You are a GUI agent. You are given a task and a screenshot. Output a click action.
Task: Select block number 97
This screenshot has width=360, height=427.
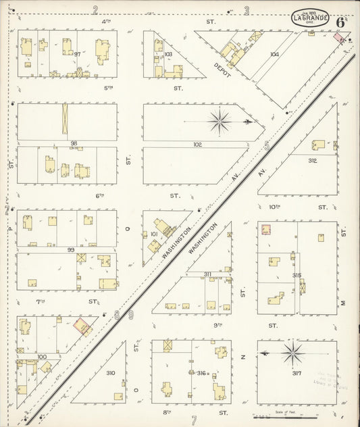pos(78,54)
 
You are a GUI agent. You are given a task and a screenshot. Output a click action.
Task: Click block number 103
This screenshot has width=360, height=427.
pos(168,54)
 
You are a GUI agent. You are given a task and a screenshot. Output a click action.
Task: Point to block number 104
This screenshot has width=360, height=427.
pos(274,54)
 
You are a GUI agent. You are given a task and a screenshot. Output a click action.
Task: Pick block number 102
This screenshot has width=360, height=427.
pos(197,144)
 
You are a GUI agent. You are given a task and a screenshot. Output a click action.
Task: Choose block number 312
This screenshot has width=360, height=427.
pos(312,161)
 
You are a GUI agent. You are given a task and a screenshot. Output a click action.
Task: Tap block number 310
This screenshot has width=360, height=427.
pos(110,372)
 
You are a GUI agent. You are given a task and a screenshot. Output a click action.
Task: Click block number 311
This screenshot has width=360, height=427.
pos(208,274)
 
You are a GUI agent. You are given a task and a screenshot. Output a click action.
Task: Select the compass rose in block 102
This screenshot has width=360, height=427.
pos(220,122)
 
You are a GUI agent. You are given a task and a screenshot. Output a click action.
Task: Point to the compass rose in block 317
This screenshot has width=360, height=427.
pos(292,352)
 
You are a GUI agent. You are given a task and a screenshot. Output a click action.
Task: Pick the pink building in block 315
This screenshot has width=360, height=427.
pos(266,230)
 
